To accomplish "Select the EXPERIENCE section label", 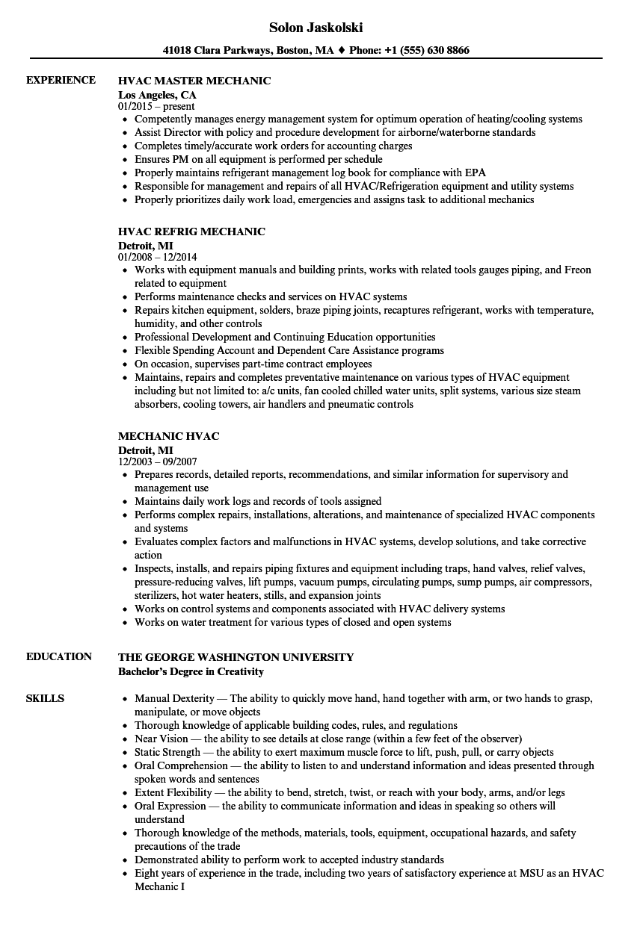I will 61,80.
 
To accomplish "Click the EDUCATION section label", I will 59,656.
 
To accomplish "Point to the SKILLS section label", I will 45,698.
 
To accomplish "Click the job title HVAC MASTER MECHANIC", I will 194,81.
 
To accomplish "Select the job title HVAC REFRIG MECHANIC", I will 191,232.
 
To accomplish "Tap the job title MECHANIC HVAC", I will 168,435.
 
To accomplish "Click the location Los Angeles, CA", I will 157,94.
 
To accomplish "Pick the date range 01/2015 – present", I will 157,106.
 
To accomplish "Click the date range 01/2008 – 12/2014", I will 160,257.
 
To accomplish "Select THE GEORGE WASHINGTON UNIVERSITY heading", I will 236,657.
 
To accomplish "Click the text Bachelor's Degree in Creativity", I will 191,671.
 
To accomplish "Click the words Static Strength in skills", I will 167,753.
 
